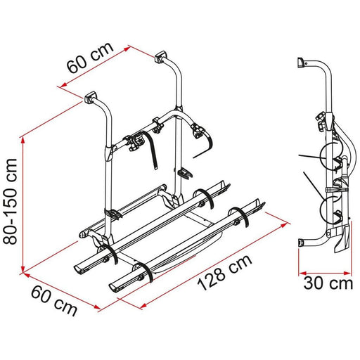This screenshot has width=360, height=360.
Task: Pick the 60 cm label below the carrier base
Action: pos(56,300)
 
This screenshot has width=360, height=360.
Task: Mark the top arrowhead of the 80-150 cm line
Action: pos(25,139)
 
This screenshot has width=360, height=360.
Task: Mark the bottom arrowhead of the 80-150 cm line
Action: pos(25,266)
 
